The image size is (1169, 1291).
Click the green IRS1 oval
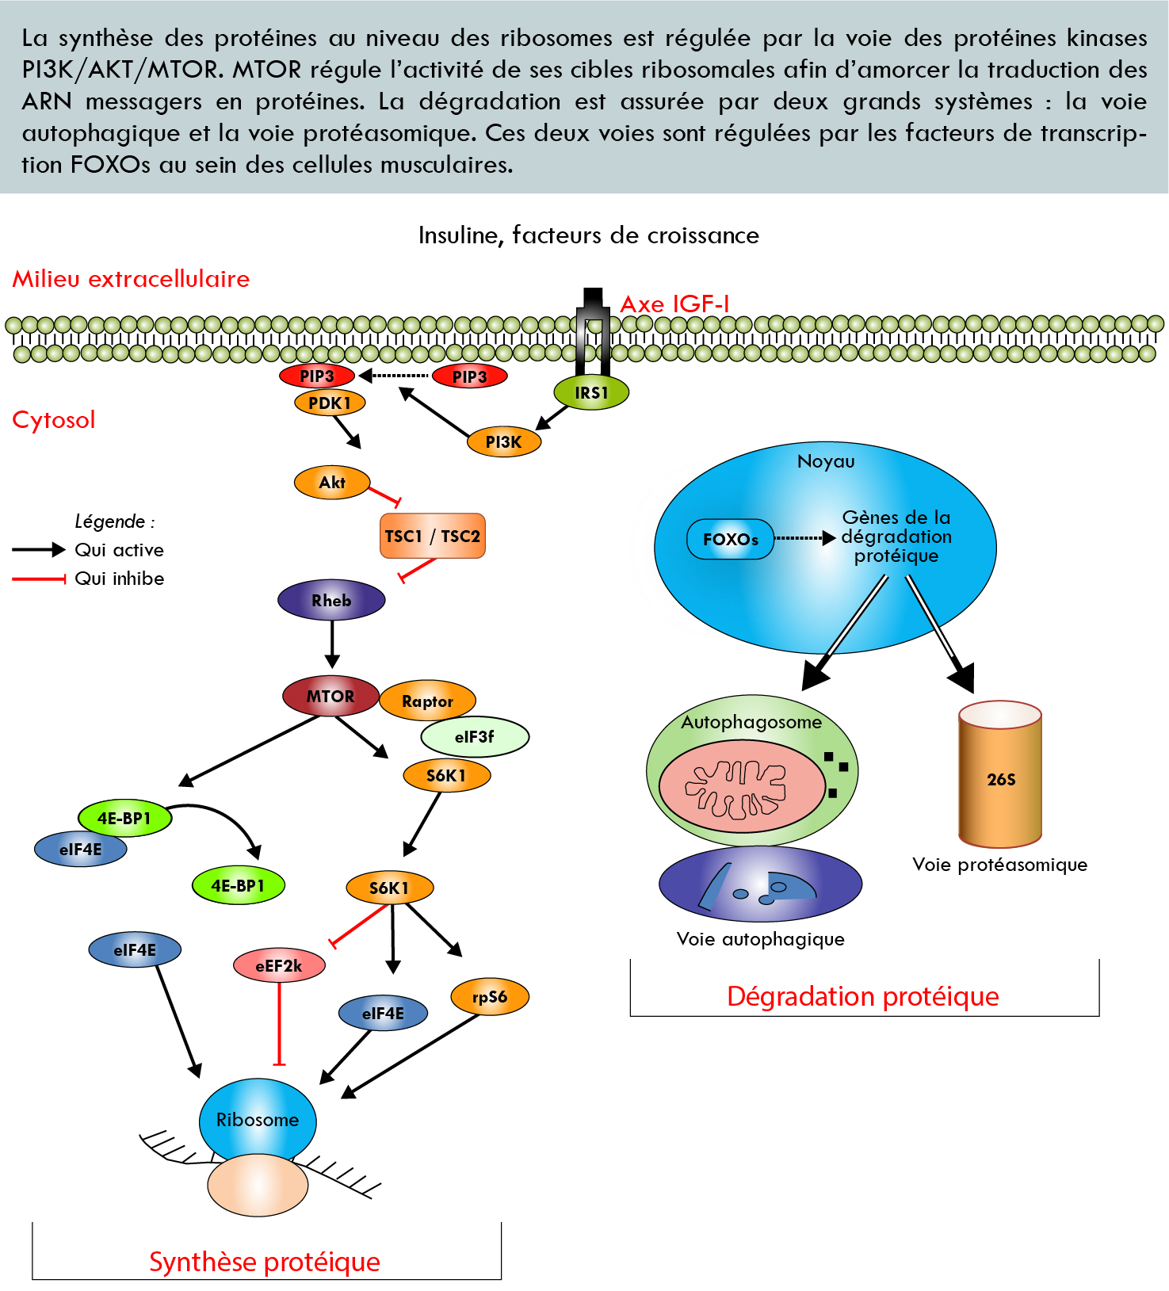click(591, 392)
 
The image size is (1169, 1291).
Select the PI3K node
click(503, 442)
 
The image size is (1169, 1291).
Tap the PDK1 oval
click(330, 403)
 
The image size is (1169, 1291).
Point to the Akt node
click(332, 482)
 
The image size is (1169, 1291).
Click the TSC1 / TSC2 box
click(433, 537)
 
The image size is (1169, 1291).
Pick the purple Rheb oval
click(331, 600)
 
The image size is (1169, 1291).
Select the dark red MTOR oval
click(330, 696)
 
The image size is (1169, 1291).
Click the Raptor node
click(427, 701)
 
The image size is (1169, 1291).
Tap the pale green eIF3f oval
click(474, 737)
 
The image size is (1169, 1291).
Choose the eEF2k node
click(279, 965)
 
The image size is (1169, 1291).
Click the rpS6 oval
click(489, 997)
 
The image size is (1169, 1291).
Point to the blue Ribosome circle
click(258, 1119)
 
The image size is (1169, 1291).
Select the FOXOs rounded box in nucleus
click(730, 540)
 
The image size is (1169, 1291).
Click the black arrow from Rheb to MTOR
click(332, 644)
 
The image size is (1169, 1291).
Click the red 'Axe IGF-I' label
click(674, 304)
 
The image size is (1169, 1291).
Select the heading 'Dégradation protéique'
click(862, 996)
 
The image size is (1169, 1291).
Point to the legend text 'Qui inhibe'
click(119, 579)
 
